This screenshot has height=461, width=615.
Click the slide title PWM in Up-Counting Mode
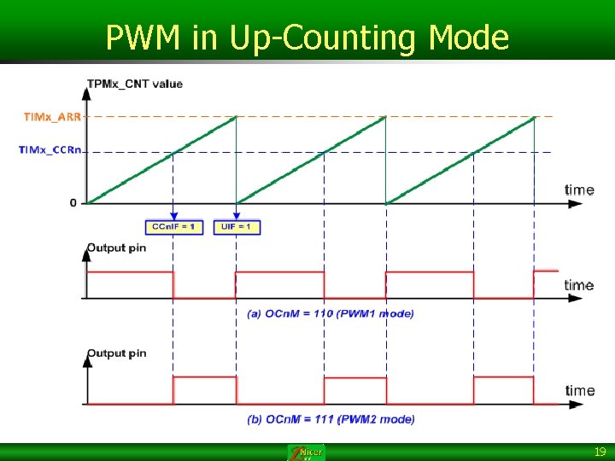pos(307,38)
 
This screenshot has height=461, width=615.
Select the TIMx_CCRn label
pos(51,150)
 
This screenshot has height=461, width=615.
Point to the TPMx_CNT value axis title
pos(134,84)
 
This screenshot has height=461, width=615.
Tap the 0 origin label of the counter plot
pos(73,203)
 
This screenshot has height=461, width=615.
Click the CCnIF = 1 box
pos(173,227)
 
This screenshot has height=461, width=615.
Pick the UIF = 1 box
pos(237,227)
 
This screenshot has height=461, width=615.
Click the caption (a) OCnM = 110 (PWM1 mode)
pos(331,313)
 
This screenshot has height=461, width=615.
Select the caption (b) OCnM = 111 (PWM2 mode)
pos(331,419)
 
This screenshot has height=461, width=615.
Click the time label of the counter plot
pos(579,190)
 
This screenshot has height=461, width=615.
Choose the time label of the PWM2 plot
pos(579,390)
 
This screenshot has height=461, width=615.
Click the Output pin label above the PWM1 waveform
pos(116,248)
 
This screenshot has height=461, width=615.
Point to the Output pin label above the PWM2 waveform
pos(116,353)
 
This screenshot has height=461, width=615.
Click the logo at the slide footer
pos(306,452)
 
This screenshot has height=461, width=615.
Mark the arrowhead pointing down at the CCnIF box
pos(173,217)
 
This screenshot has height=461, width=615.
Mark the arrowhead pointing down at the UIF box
pos(237,217)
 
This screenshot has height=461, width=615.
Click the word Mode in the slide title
pos(468,38)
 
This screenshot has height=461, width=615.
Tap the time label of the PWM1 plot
pos(579,284)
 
